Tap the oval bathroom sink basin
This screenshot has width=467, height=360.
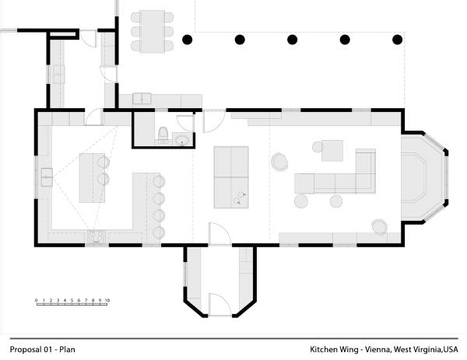181,140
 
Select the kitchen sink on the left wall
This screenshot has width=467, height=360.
47,178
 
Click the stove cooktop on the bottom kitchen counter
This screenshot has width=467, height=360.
96,235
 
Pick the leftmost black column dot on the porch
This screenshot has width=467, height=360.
187,39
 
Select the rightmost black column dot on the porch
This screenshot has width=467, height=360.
398,39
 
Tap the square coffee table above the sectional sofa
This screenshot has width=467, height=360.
332,149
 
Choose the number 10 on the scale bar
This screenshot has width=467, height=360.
107,299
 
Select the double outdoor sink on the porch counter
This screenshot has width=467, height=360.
142,98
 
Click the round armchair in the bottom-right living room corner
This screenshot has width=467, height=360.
379,226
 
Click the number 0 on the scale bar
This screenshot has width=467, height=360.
37,299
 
